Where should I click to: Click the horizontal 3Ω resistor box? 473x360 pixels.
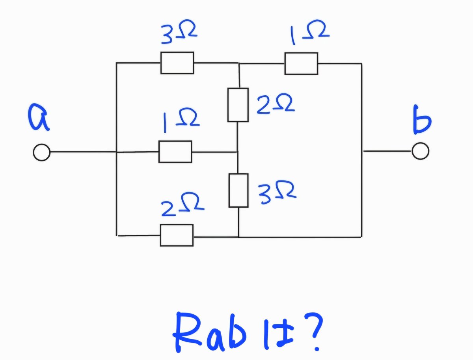[177, 63]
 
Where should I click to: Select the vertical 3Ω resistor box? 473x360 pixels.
[238, 190]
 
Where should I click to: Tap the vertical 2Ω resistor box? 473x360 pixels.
[238, 105]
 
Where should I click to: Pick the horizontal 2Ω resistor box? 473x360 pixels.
[177, 235]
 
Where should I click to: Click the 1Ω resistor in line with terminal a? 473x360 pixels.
[175, 152]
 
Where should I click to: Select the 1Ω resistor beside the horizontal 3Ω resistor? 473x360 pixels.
[301, 63]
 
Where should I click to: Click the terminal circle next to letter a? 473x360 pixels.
[41, 152]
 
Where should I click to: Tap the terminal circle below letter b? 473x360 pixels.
[421, 151]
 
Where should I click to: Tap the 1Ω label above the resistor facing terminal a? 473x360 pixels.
[181, 119]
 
